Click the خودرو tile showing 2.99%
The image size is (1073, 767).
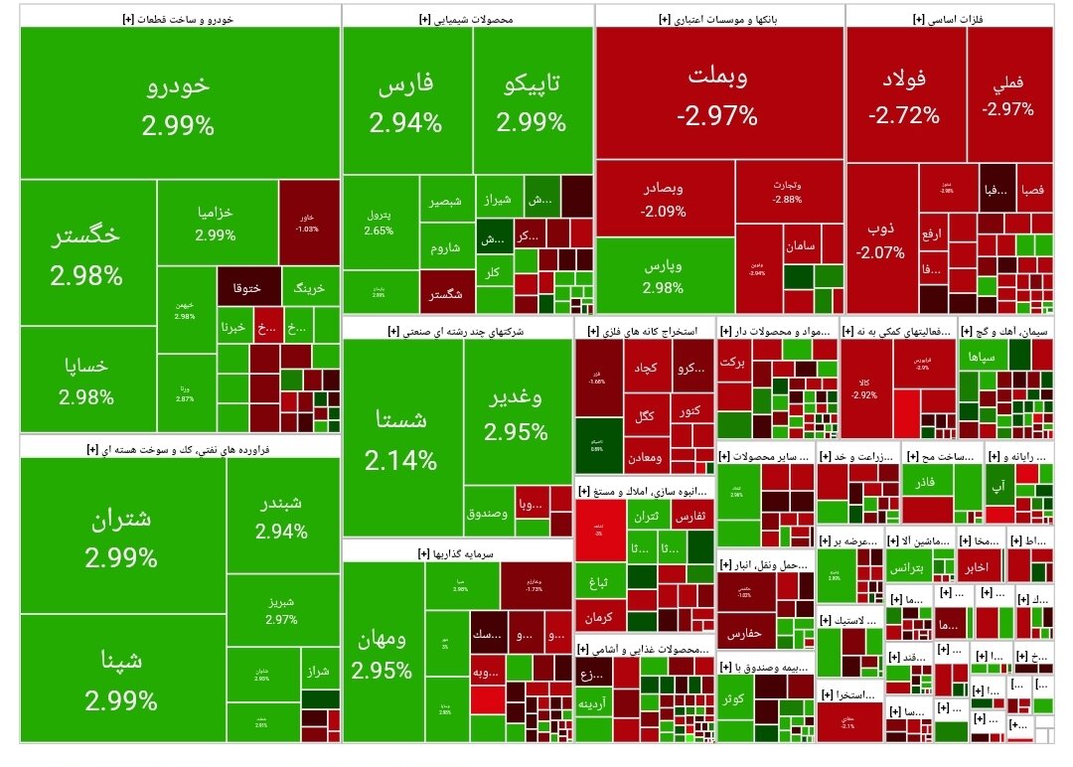click(x=179, y=103)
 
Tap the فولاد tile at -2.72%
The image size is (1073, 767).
click(x=904, y=95)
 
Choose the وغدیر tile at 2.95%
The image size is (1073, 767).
click(x=517, y=415)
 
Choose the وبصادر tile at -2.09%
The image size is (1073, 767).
click(x=664, y=199)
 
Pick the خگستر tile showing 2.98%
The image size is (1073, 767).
click(x=86, y=253)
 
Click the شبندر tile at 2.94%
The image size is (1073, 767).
click(x=281, y=517)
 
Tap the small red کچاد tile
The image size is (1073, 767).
click(x=647, y=368)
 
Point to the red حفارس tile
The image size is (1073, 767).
click(x=743, y=633)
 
